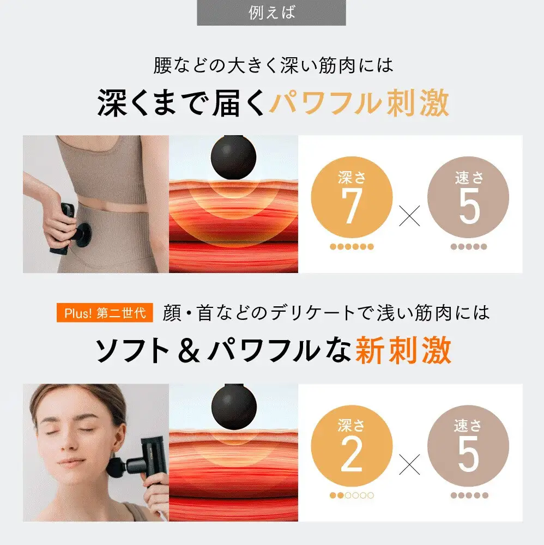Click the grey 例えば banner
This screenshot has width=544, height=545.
(271, 13)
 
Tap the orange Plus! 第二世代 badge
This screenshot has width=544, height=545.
(105, 313)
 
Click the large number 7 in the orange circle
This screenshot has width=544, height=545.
(352, 207)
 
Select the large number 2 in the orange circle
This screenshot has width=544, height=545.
(352, 455)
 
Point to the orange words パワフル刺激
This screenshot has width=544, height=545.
(359, 103)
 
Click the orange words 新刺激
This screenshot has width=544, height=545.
(403, 350)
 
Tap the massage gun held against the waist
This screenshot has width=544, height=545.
(70, 228)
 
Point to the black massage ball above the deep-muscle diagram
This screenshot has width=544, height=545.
(233, 157)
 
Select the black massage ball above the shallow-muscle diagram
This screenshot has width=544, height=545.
(234, 406)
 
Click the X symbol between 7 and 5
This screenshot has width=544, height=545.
(409, 215)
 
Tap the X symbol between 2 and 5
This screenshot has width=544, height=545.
(409, 464)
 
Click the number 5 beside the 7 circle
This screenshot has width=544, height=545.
(469, 207)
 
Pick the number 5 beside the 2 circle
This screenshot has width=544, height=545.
(469, 455)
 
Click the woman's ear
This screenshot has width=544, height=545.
(117, 438)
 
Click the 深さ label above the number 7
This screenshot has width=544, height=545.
(352, 177)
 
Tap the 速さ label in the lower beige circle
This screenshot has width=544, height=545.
(468, 426)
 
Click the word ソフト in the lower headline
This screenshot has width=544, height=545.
(132, 350)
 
